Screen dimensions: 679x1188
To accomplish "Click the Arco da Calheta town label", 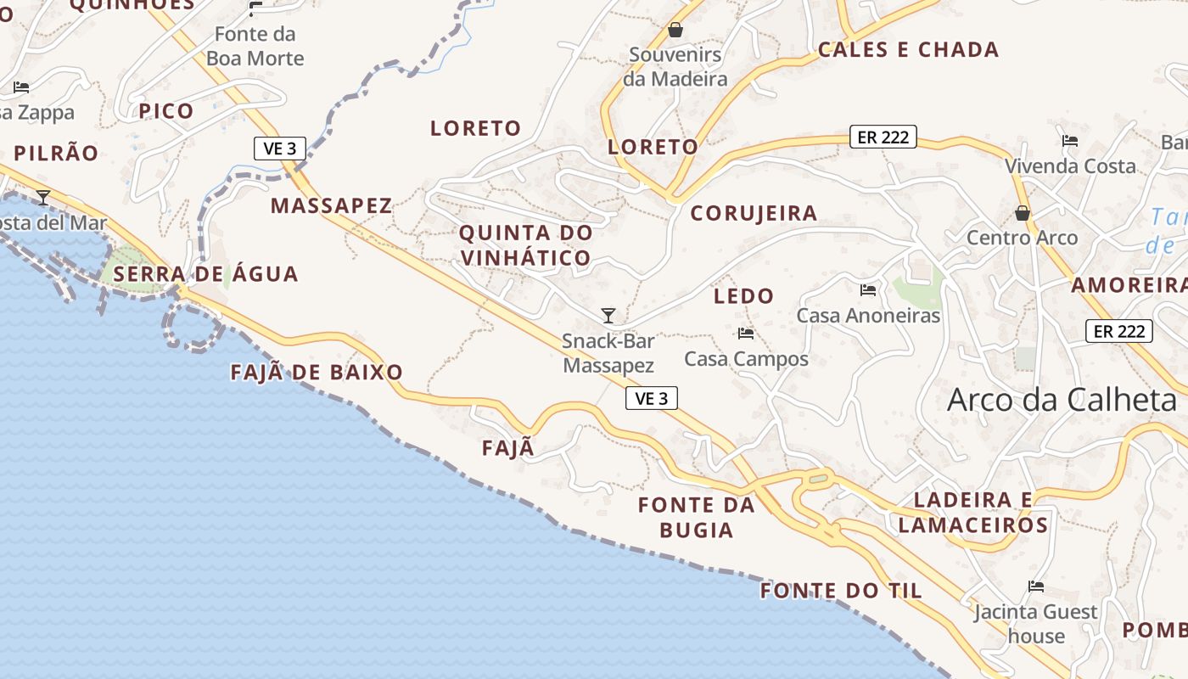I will [x=1062, y=400].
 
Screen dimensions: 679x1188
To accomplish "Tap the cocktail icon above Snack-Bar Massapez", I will [x=608, y=316].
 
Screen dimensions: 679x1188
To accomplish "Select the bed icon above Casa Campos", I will [x=746, y=334].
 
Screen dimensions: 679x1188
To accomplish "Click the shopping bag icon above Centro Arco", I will [x=1023, y=213].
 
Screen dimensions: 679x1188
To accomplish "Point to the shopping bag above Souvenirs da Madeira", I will [x=675, y=30].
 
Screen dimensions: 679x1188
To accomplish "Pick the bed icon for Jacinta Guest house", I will [x=1035, y=586].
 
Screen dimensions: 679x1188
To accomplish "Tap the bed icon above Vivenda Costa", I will [x=1070, y=141].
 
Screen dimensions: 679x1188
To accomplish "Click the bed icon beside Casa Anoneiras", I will [x=868, y=290].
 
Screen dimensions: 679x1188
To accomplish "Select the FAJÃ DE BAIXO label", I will [x=317, y=372].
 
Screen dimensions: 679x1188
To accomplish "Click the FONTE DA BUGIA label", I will [x=697, y=517].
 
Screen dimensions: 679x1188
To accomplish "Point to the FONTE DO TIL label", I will [x=841, y=591].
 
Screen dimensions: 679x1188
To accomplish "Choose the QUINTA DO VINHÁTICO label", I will [x=525, y=244].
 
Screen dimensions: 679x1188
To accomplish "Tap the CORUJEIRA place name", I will [x=754, y=213].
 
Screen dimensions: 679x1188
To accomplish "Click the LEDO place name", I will [x=744, y=296].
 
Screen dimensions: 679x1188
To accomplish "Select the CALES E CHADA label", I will [x=908, y=49].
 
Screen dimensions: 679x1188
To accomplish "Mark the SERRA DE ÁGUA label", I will [x=205, y=274].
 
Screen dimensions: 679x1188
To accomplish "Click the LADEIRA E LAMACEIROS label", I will [x=972, y=513].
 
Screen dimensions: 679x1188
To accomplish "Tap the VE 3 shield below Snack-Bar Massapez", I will [x=652, y=398].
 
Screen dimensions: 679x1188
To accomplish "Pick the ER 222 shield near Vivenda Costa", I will [x=883, y=137].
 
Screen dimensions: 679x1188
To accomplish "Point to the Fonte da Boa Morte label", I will [x=255, y=46].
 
